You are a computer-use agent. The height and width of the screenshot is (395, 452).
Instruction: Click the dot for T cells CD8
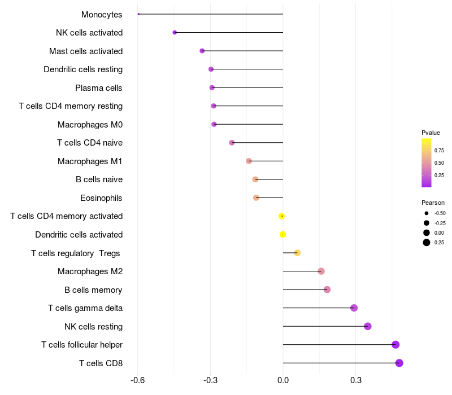pos(399,363)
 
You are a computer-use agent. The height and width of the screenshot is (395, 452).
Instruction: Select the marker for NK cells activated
pos(175,33)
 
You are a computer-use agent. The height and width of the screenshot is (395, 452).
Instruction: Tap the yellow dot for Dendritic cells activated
pos(283,235)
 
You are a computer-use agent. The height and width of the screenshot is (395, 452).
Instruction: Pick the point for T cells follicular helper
pos(395,345)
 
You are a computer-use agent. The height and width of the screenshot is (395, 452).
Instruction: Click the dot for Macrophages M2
pos(321,271)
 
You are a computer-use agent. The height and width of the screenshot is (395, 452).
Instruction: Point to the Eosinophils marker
pos(256,198)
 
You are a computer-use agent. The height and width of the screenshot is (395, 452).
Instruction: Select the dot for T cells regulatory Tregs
pos(297,253)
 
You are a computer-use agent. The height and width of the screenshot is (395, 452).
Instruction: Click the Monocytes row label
pos(102,15)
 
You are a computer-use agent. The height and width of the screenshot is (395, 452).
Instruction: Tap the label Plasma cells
pos(99,88)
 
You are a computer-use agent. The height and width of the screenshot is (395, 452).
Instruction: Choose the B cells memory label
pos(93,290)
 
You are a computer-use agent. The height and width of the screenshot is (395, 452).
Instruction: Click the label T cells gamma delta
pos(85,308)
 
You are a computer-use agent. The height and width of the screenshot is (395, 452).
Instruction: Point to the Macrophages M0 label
pos(90,125)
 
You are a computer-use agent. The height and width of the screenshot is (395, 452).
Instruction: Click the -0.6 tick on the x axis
pos(137,381)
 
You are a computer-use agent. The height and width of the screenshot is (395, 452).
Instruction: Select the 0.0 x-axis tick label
pos(283,381)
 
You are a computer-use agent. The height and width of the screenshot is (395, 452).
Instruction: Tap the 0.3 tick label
pos(355,381)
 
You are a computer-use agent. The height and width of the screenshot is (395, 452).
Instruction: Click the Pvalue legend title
pos(431,133)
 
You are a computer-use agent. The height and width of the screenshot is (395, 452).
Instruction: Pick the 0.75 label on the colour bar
pos(439,151)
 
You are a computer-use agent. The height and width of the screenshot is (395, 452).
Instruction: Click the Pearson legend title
pos(433,203)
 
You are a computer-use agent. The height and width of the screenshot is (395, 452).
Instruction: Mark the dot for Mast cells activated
pos(202,51)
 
